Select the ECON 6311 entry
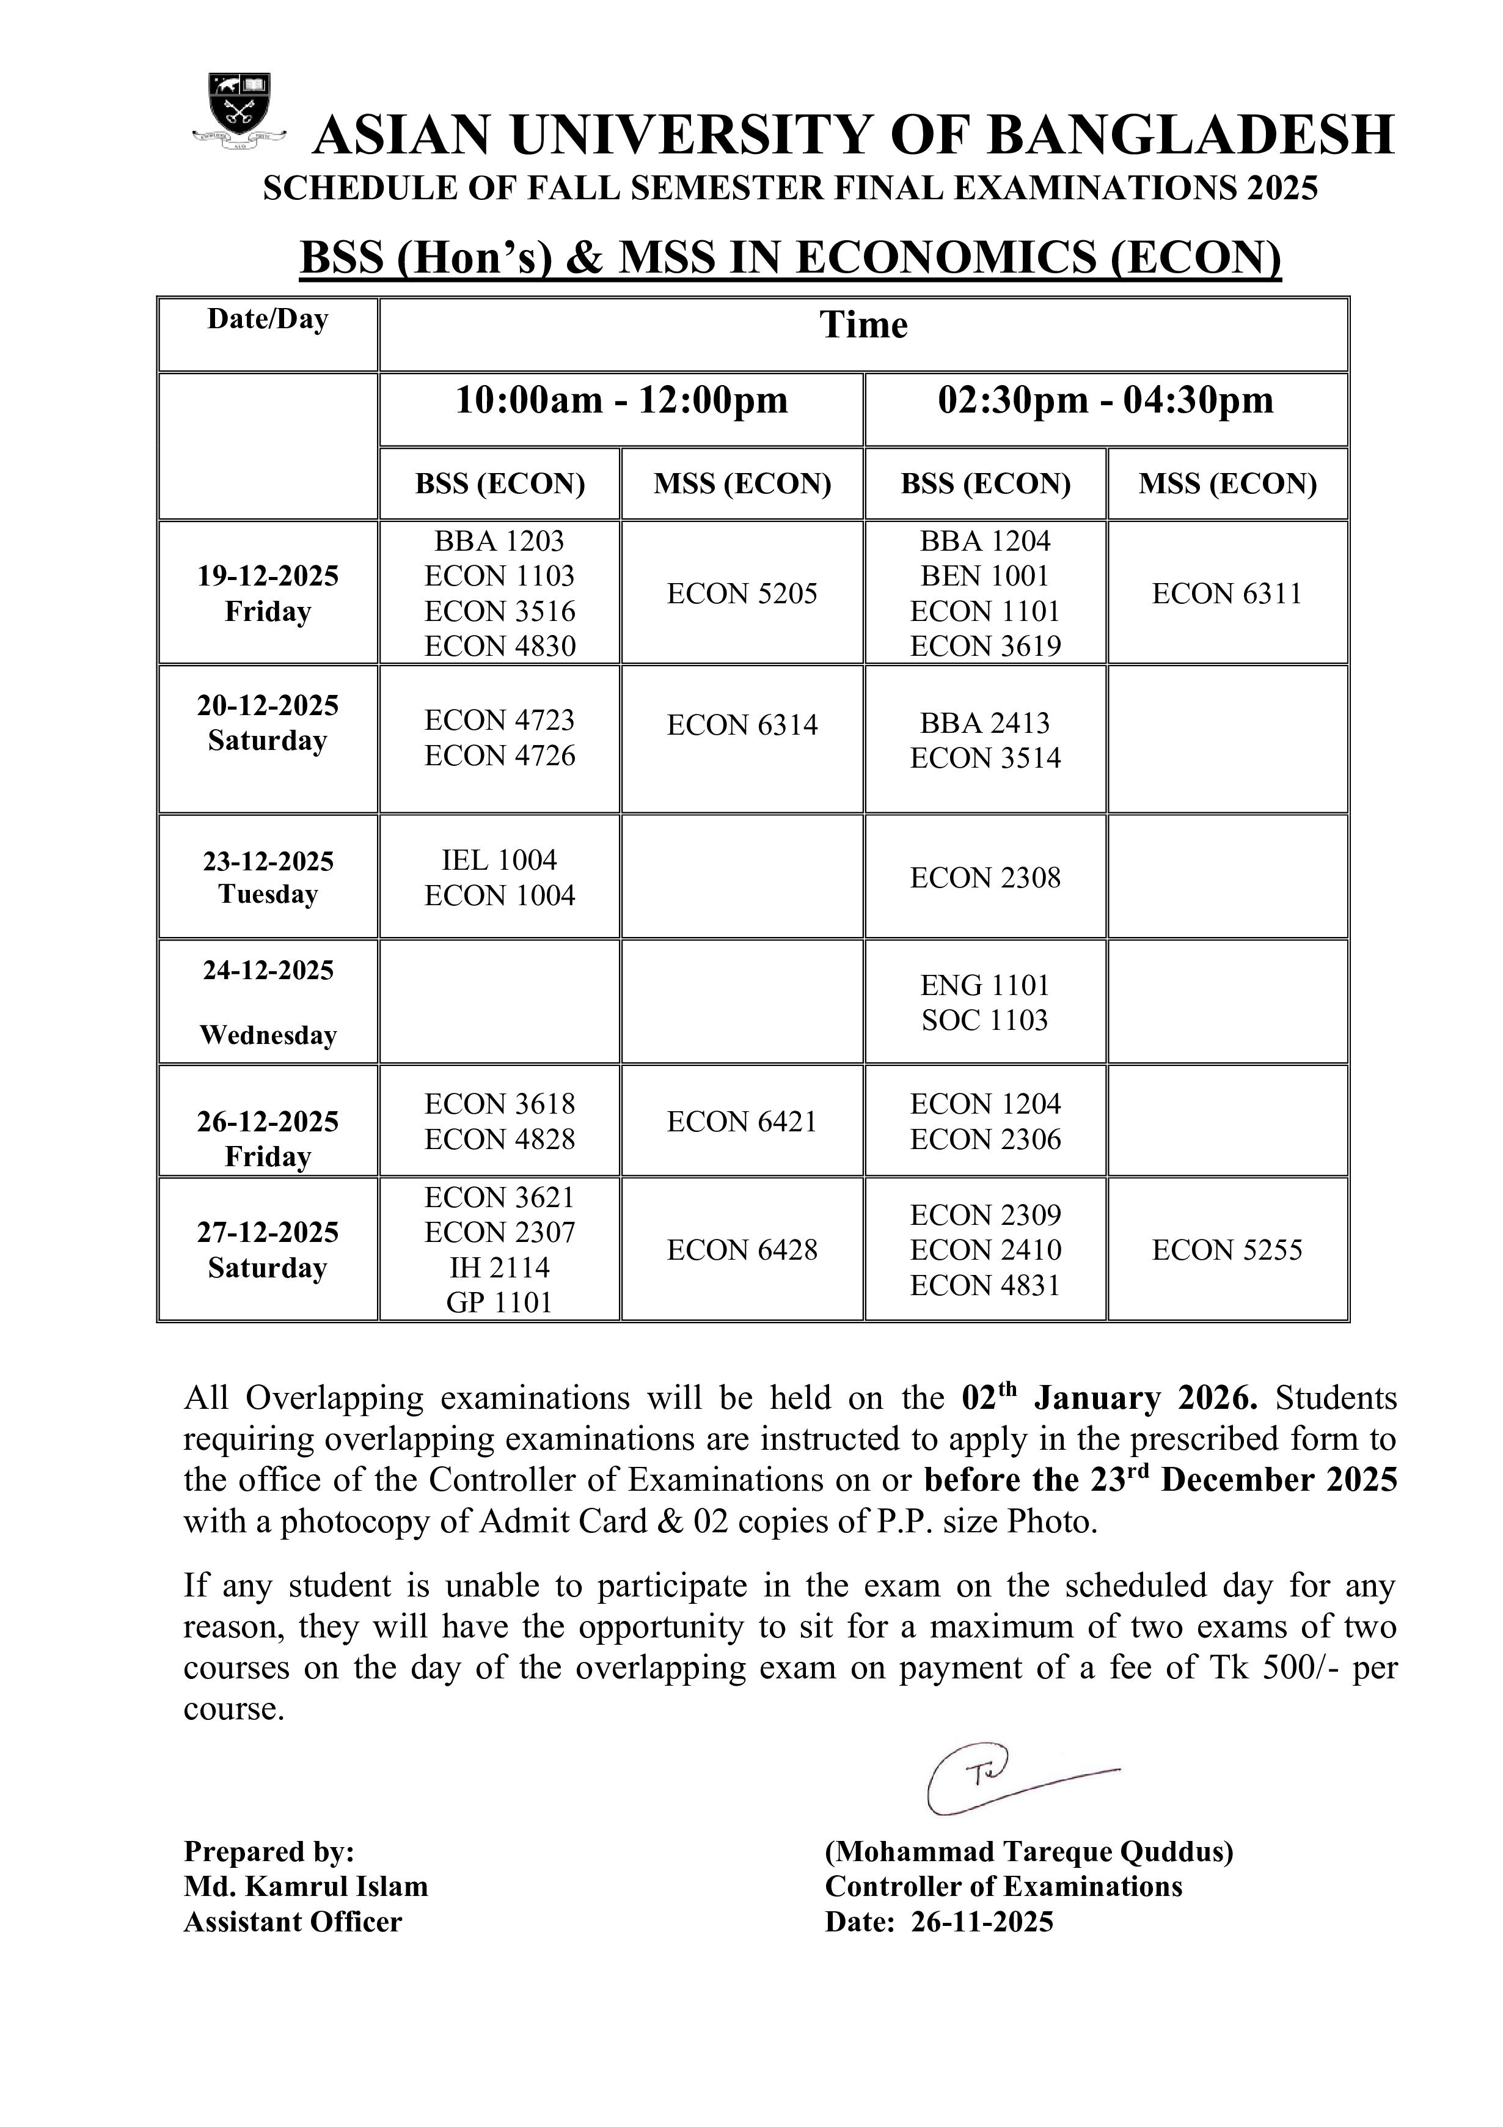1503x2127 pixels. tap(1227, 594)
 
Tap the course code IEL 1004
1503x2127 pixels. tap(499, 860)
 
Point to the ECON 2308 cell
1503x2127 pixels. tap(986, 877)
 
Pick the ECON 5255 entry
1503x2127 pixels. tap(1227, 1250)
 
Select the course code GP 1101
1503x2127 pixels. tap(499, 1302)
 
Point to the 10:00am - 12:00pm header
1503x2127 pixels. tap(621, 400)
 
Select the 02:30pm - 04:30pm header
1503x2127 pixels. tap(1106, 400)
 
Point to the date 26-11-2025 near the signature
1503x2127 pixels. tap(982, 1922)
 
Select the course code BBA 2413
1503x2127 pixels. tap(986, 722)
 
